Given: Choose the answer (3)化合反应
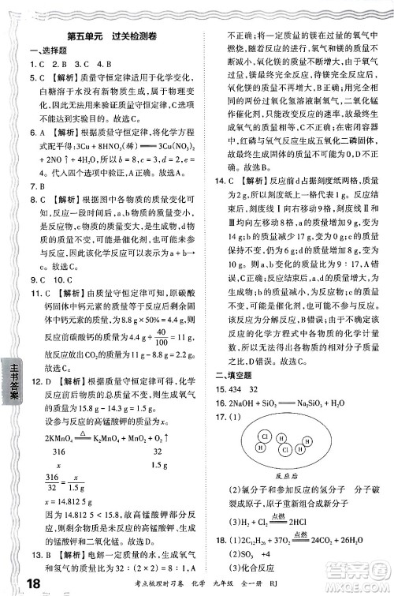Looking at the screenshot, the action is [x=257, y=566].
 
